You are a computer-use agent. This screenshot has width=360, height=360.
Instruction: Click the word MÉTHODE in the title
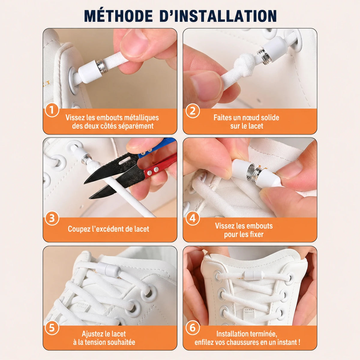pos(118,16)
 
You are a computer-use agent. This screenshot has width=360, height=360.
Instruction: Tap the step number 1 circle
pos(52,110)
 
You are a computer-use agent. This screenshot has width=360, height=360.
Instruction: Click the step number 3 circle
pos(52,218)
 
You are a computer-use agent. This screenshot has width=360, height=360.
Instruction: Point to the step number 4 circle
pos(193,218)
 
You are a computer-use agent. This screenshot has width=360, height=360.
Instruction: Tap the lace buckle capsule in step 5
pos(109,269)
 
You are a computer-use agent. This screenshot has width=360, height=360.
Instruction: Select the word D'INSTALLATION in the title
pos(218,16)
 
